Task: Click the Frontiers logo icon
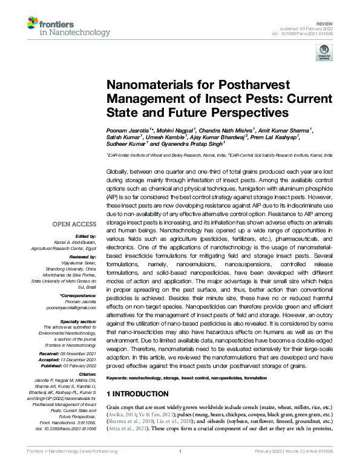click(34, 25)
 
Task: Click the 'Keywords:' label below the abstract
click(120, 376)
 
